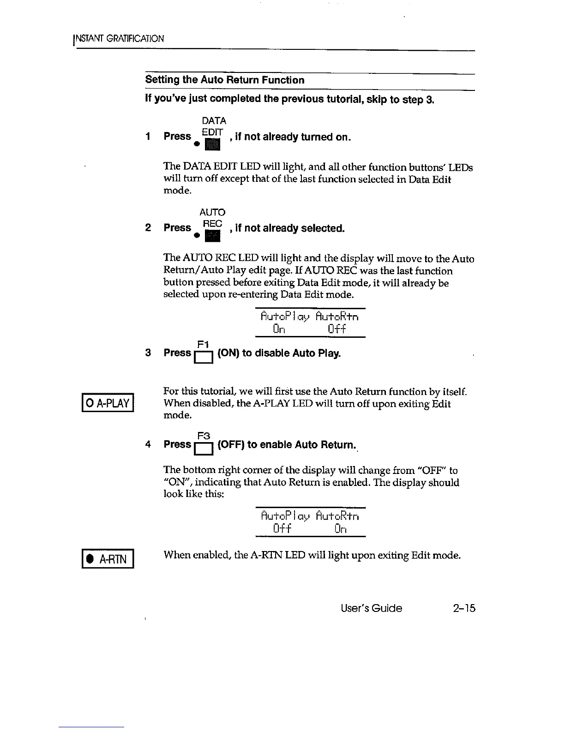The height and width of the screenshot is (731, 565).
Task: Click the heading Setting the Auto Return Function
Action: pos(225,80)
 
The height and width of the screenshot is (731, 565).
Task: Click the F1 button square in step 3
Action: pos(203,358)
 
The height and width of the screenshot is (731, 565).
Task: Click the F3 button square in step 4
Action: pos(203,449)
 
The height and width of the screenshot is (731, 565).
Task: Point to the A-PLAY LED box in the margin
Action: pos(108,404)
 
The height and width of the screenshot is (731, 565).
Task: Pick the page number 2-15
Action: pos(464,608)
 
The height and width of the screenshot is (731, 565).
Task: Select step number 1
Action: pos(148,137)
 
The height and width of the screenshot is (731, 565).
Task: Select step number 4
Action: pos(148,444)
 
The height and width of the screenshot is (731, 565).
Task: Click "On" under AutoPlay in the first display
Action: pos(279,329)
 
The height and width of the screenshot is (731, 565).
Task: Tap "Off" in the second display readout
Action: pos(282,528)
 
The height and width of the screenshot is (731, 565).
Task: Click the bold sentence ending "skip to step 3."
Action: pos(289,99)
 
